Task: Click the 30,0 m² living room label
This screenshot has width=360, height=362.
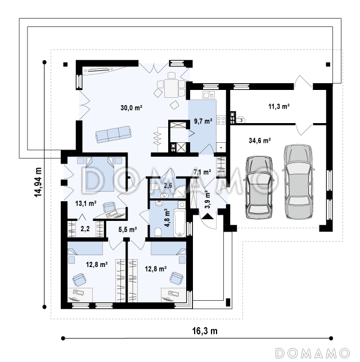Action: tap(131, 107)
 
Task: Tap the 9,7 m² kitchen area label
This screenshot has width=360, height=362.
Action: tap(203, 121)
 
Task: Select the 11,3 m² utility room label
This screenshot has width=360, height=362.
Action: tap(279, 106)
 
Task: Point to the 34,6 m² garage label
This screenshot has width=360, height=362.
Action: tap(260, 141)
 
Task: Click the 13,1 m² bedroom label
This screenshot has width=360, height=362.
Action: tap(85, 203)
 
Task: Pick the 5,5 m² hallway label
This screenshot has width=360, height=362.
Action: tap(128, 229)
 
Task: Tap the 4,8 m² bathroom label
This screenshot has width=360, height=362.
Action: tap(167, 218)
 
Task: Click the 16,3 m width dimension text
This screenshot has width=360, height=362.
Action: tap(205, 331)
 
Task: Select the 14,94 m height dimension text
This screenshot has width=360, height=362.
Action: tap(38, 182)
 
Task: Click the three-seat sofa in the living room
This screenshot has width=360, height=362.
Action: tap(114, 134)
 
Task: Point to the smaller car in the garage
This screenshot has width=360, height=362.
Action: tap(259, 188)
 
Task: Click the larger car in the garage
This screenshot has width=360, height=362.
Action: tap(298, 182)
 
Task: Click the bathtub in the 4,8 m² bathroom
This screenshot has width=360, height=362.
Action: tap(179, 223)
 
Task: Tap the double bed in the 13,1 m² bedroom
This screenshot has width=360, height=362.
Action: tap(100, 174)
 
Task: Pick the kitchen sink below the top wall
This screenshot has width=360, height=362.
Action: tap(209, 94)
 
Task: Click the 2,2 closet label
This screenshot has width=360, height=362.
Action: tap(85, 229)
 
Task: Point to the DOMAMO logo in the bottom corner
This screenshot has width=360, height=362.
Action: tap(313, 353)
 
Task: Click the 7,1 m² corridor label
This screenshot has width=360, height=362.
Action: tap(202, 172)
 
